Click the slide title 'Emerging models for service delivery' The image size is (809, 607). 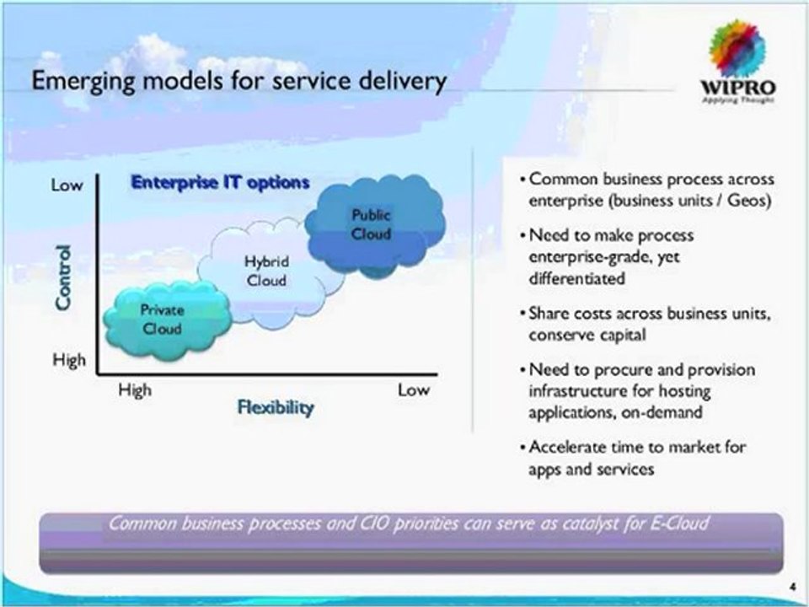click(x=238, y=82)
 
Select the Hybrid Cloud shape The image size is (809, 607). click(x=265, y=271)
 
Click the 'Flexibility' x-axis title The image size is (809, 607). click(x=275, y=408)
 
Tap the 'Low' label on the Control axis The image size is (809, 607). click(x=67, y=185)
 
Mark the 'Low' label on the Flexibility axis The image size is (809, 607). click(x=413, y=389)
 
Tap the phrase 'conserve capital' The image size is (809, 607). click(x=588, y=335)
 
